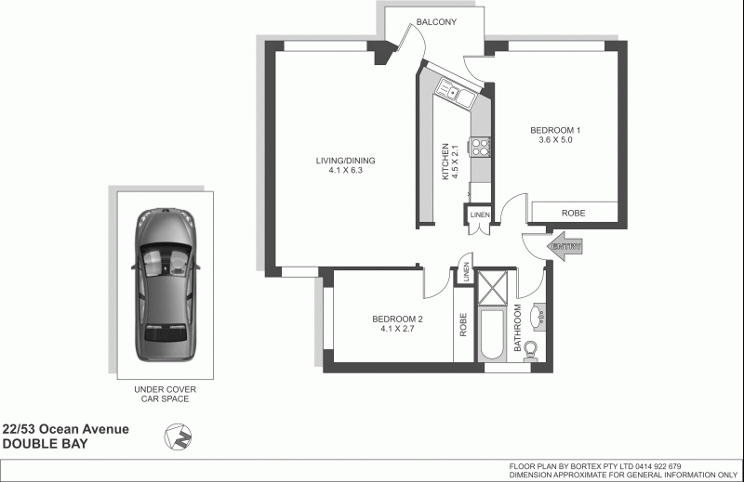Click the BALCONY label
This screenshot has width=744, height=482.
click(435, 23)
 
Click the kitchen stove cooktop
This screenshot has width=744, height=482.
click(482, 147)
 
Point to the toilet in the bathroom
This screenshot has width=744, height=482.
click(531, 350)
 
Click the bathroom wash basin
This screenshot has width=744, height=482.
click(539, 316)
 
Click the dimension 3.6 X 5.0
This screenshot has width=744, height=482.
click(555, 140)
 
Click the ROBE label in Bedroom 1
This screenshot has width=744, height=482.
click(574, 213)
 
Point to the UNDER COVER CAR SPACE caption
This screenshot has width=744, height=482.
click(163, 393)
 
